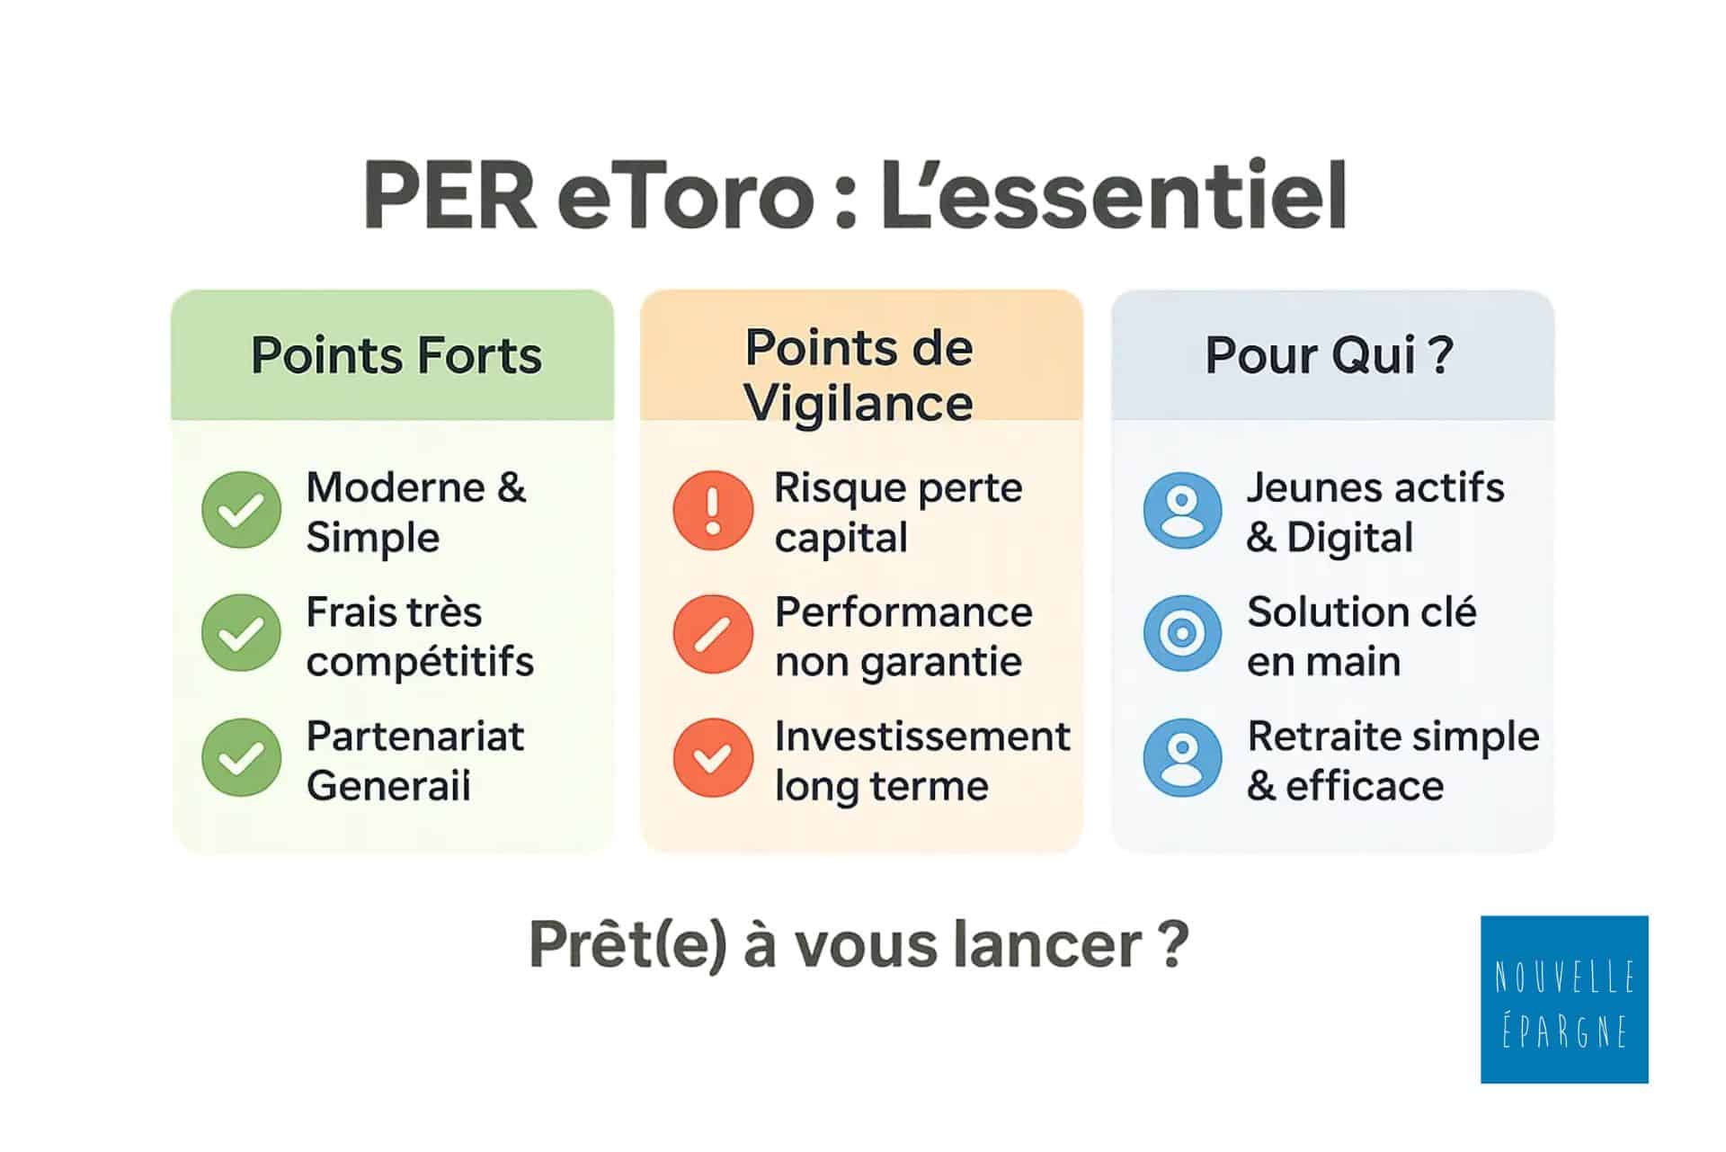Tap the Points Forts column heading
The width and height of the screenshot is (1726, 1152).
coord(396,355)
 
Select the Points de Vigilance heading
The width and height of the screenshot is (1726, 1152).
coord(859,375)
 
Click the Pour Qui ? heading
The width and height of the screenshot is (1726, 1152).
coord(1330,355)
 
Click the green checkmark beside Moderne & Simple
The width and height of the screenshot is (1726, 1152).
coord(242,510)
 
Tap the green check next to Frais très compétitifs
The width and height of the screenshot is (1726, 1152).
coord(242,633)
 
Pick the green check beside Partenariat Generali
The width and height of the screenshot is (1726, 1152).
coord(242,757)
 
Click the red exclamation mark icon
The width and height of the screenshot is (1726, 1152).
coord(713,510)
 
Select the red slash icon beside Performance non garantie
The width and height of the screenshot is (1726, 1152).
coord(713,633)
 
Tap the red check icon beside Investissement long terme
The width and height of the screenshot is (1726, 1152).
coord(713,757)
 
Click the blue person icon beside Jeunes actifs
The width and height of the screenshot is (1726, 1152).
coord(1183,510)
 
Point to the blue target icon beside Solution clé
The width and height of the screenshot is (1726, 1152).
coord(1183,633)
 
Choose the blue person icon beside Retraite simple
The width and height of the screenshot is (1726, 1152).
coord(1183,757)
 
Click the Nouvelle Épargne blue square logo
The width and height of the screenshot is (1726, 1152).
coord(1564,999)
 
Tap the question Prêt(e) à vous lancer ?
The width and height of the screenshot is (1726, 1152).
coord(859,945)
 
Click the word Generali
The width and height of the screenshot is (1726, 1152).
coord(388,786)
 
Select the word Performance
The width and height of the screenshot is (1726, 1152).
coord(903,612)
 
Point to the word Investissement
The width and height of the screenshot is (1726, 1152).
coord(922,736)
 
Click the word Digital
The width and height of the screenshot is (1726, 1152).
coord(1350,538)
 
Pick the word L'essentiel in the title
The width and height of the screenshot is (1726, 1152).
coord(1114,194)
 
